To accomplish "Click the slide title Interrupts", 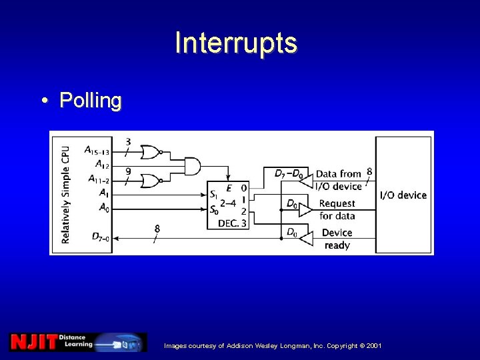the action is pyautogui.click(x=236, y=43).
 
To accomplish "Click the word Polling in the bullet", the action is pyautogui.click(x=91, y=101).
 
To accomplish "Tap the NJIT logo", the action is pyautogui.click(x=33, y=342).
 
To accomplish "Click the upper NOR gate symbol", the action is pyautogui.click(x=151, y=153).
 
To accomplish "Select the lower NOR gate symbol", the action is pyautogui.click(x=151, y=180).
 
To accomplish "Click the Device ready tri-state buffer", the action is pyautogui.click(x=305, y=237).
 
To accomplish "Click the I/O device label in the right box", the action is pyautogui.click(x=403, y=195).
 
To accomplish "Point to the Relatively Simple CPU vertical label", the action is pyautogui.click(x=65, y=194).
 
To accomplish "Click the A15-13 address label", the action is pyautogui.click(x=97, y=151).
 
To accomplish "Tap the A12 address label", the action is pyautogui.click(x=102, y=164).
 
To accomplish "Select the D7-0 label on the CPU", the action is pyautogui.click(x=101, y=236).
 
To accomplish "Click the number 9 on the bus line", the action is pyautogui.click(x=127, y=171).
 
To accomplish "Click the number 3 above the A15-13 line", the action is pyautogui.click(x=128, y=141).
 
